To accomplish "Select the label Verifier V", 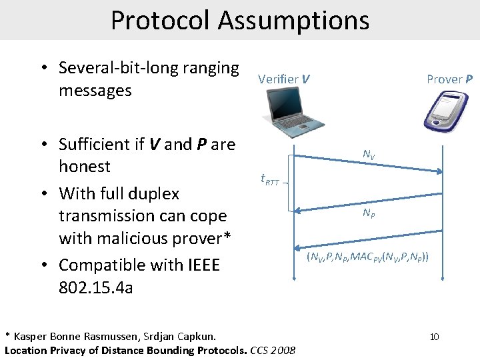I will (283, 79).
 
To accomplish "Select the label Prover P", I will (449, 79).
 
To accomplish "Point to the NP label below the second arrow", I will (369, 213).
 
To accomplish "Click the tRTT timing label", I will (269, 179).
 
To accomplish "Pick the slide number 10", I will (434, 337).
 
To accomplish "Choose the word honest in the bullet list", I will (85, 166).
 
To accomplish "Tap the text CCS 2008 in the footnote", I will (273, 350).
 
